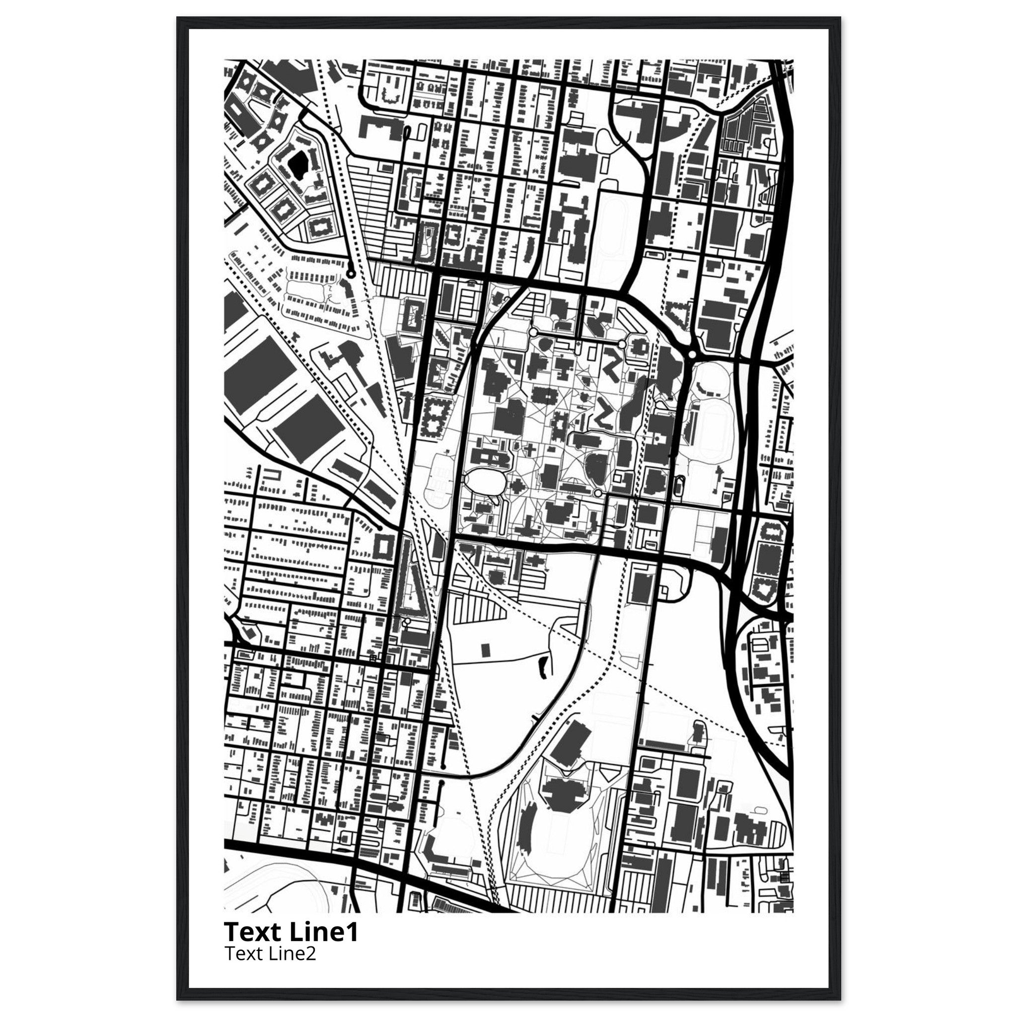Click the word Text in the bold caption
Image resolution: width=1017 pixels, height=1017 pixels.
(253, 932)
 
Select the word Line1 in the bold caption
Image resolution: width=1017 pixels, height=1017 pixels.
(324, 932)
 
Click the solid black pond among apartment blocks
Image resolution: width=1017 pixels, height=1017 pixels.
(298, 163)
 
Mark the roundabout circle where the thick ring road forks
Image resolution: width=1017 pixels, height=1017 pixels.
(692, 354)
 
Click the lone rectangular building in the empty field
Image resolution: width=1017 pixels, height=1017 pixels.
(485, 649)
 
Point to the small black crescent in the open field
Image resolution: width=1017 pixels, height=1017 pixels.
(542, 668)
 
